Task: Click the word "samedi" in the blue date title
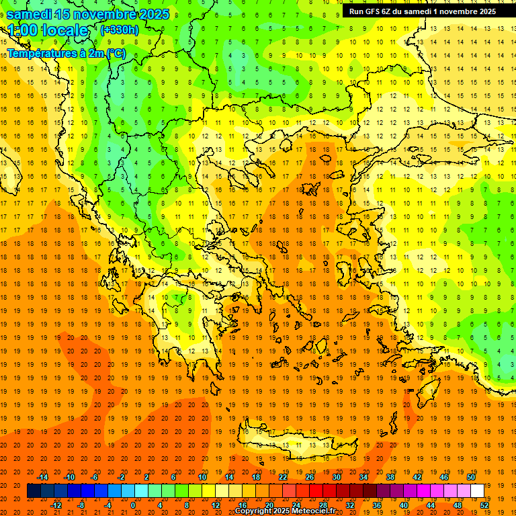tap(30, 14)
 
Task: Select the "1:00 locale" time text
tap(48, 30)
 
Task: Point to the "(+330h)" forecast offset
tap(119, 30)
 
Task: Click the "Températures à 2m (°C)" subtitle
tap(66, 53)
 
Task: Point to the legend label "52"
tap(485, 505)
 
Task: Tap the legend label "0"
tap(134, 505)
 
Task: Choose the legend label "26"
tap(310, 477)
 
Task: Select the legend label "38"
tap(390, 477)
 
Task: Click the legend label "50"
tap(471, 477)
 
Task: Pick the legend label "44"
tap(431, 505)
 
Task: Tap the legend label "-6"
tap(95, 477)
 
